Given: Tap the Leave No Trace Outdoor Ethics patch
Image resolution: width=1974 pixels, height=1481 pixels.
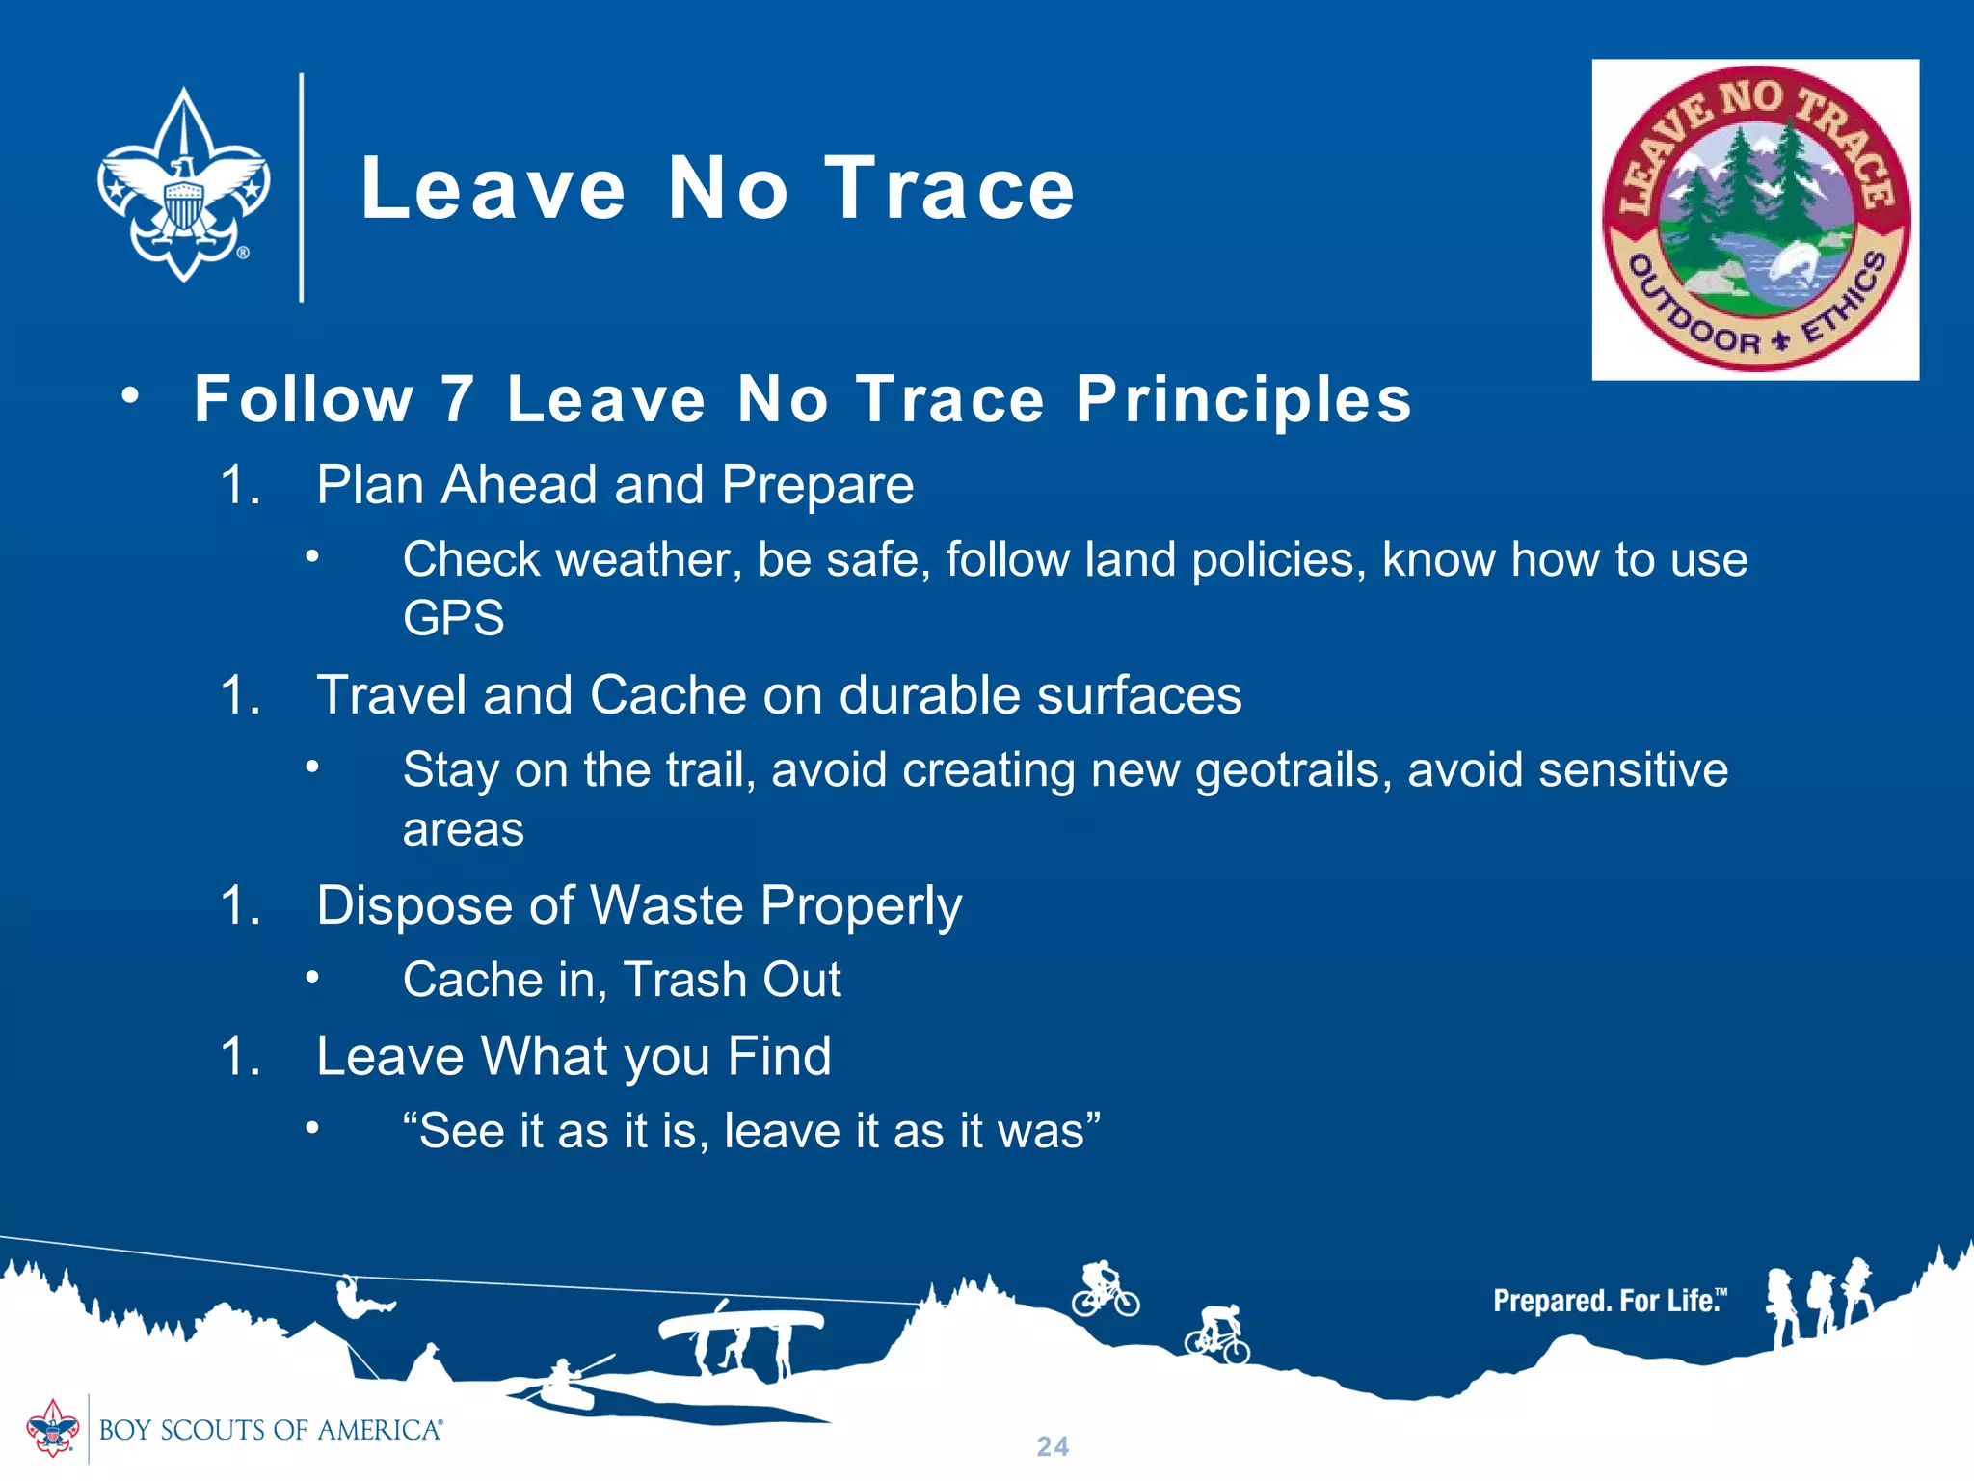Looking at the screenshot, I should pyautogui.click(x=1754, y=219).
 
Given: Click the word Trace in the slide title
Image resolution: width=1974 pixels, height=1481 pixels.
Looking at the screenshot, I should pyautogui.click(x=949, y=189).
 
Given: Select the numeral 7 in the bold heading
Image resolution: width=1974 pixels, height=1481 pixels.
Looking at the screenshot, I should pyautogui.click(x=458, y=399).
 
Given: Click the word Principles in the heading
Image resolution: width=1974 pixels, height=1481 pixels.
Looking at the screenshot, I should pyautogui.click(x=1243, y=399).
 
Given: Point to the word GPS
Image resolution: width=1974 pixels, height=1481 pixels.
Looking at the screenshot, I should pyautogui.click(x=453, y=618).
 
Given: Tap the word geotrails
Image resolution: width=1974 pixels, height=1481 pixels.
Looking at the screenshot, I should pyautogui.click(x=1292, y=771).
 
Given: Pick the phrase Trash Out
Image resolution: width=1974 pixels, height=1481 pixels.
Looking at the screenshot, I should pyautogui.click(x=733, y=981).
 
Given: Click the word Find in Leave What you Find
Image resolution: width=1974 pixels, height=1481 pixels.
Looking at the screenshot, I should pyautogui.click(x=779, y=1056).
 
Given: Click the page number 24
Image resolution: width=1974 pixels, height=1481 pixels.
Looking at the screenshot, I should pyautogui.click(x=1053, y=1446).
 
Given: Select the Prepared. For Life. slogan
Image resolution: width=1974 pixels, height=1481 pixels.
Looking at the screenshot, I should pyautogui.click(x=1608, y=1301).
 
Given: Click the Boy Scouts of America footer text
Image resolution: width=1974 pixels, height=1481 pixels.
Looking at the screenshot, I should pyautogui.click(x=270, y=1430).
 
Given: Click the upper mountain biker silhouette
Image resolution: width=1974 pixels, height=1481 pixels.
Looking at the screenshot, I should pyautogui.click(x=1105, y=1289).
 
